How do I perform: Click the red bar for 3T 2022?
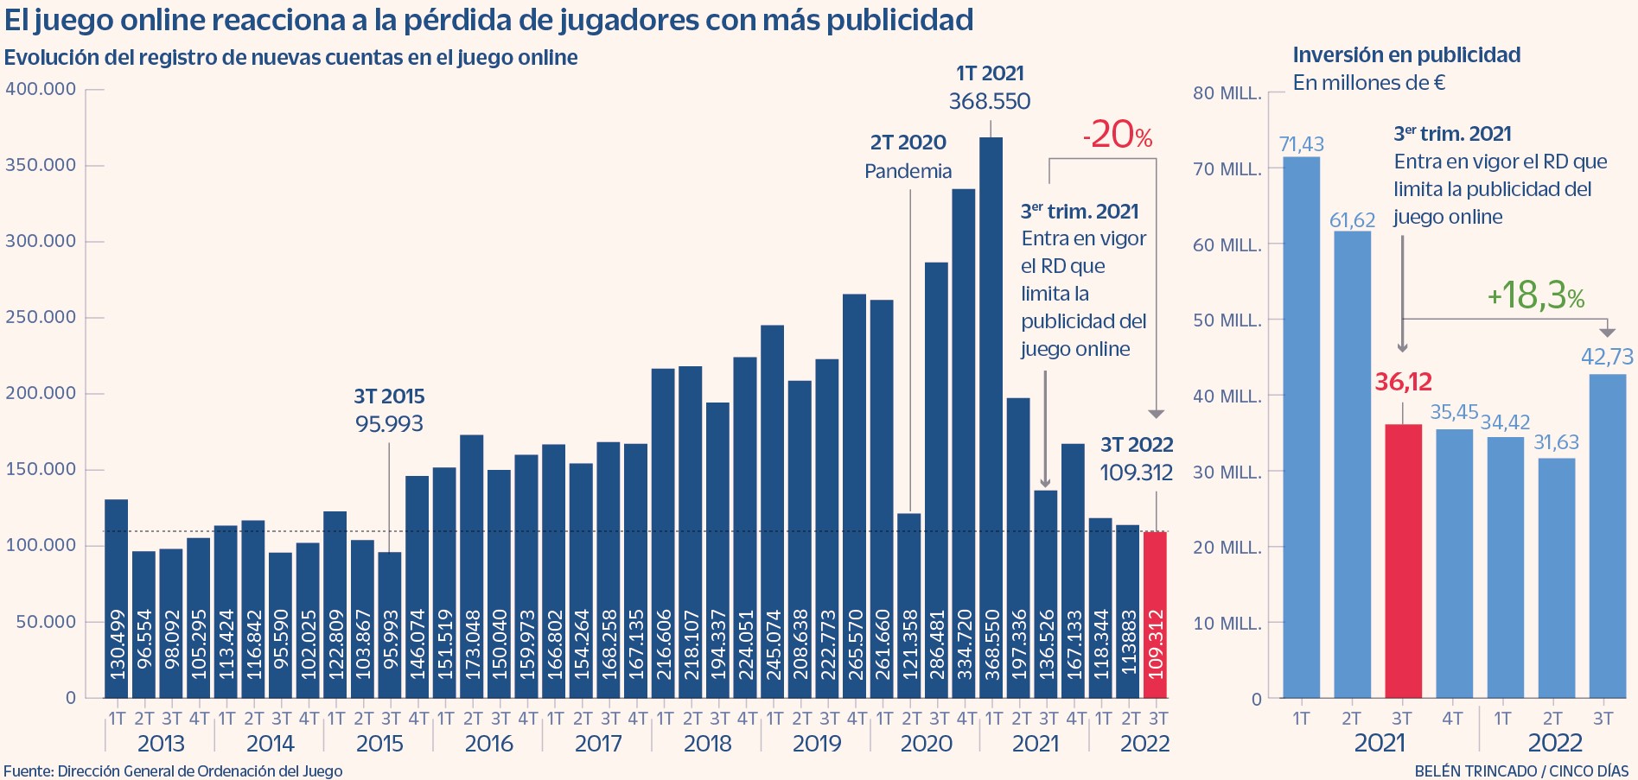tap(1155, 613)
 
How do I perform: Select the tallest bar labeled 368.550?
tap(991, 415)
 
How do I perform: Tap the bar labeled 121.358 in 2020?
tap(909, 605)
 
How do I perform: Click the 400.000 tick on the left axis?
tap(41, 89)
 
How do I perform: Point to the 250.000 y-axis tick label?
tap(41, 317)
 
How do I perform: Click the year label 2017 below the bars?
tap(598, 743)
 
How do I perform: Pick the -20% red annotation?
tap(1118, 135)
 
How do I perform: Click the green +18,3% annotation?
tap(1536, 295)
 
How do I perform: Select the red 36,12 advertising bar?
tap(1403, 561)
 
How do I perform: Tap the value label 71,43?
tap(1301, 144)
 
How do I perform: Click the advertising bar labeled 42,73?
tap(1607, 536)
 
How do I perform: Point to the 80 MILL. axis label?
tap(1227, 93)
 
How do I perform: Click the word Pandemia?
tap(908, 171)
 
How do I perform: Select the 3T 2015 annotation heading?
tap(389, 396)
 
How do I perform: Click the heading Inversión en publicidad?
tap(1406, 55)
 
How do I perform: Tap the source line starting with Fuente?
tap(173, 770)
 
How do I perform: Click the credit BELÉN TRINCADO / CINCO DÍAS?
tap(1521, 770)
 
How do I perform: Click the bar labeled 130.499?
tap(117, 596)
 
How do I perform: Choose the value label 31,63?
tap(1556, 442)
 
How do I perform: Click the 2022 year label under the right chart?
tap(1554, 743)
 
